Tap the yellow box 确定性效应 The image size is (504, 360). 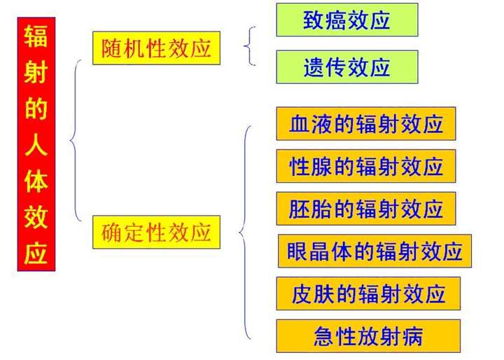click(x=152, y=232)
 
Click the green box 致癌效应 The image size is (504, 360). click(x=346, y=20)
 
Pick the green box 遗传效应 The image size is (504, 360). click(x=346, y=67)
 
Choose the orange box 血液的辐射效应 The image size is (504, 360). click(x=365, y=124)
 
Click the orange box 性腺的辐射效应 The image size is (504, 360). click(x=365, y=166)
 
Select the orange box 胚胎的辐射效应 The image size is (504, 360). click(x=365, y=209)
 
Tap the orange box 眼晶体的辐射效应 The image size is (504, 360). click(x=374, y=251)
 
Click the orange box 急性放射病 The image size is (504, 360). click(x=368, y=336)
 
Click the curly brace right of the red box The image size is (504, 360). click(x=76, y=140)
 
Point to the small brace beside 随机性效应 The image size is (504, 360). click(x=250, y=46)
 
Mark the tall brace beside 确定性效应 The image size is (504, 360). click(x=244, y=232)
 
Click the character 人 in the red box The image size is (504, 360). click(x=36, y=145)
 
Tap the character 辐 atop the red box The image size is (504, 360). click(x=36, y=35)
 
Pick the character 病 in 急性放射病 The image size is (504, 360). click(x=412, y=336)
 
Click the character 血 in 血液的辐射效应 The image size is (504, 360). click(x=298, y=124)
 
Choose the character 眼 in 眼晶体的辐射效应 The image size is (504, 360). click(x=297, y=251)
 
